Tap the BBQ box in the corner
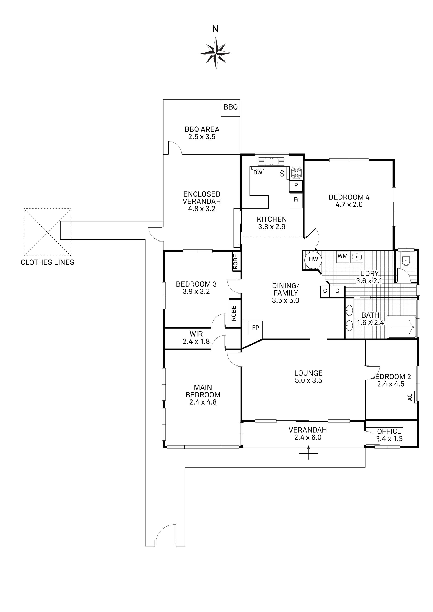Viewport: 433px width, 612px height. tap(231, 108)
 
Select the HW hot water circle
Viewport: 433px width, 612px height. tap(313, 259)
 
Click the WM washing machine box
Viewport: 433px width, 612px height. tap(343, 257)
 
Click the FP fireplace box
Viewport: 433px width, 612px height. tap(256, 328)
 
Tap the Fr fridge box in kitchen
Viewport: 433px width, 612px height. tap(296, 201)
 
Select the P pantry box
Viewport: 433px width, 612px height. tap(296, 186)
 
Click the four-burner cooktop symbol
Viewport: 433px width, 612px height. tap(297, 172)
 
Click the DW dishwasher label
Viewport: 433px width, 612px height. tap(258, 173)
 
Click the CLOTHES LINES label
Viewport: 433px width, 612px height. tap(47, 263)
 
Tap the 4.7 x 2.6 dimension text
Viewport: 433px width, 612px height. tap(349, 205)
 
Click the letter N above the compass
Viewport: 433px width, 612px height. tap(215, 29)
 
